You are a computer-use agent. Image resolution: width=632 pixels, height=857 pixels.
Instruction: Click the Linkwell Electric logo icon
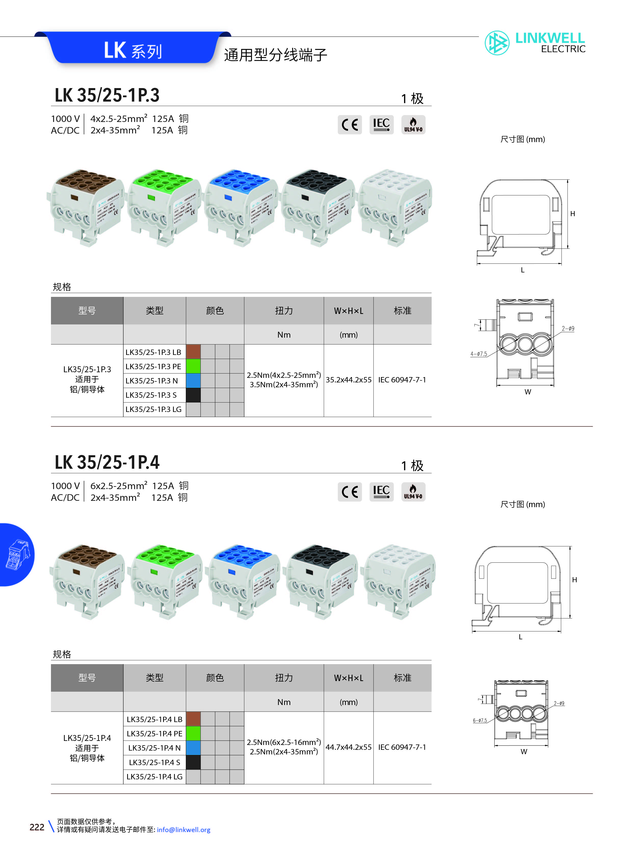pos(497,43)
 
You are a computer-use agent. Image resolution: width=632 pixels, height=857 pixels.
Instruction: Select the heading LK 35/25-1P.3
pos(107,95)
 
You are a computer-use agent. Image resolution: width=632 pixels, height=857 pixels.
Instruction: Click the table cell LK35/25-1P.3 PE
pos(153,366)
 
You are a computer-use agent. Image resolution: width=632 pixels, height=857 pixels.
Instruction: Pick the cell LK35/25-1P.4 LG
pos(154,776)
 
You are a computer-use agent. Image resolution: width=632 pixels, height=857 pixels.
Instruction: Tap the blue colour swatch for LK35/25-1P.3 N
pos(193,381)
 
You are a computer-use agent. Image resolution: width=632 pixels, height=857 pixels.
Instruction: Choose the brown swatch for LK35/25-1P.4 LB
pos(193,719)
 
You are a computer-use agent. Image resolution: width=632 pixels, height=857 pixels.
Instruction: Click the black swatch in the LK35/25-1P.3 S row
pos(193,395)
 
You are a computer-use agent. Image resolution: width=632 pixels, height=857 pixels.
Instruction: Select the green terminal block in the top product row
pos(164,206)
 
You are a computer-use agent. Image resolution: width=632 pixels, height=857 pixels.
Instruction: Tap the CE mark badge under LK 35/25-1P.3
pos(349,125)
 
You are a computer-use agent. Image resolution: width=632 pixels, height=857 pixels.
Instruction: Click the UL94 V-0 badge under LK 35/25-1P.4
pos(413,492)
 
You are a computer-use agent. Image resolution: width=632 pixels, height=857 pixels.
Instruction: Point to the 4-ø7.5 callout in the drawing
pos(479,354)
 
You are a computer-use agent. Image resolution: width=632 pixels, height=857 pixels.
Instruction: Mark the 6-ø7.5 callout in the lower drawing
pos(480,721)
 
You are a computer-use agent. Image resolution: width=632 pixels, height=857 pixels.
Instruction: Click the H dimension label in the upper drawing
pos(572,214)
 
